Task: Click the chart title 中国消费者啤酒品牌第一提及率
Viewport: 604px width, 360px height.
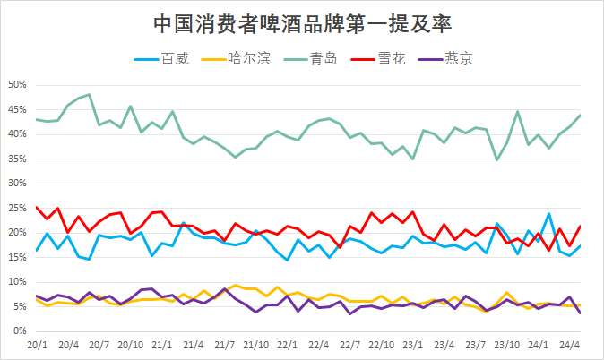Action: click(302, 21)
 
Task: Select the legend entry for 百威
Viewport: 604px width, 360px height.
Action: click(164, 60)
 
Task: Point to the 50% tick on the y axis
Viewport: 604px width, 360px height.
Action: click(18, 85)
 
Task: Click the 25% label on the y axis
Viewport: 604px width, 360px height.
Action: click(18, 208)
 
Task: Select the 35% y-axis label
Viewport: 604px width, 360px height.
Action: click(18, 159)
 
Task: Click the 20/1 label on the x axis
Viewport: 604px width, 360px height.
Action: click(37, 344)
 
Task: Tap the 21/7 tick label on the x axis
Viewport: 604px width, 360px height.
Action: click(225, 344)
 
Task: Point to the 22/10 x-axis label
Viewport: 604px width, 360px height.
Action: click(382, 344)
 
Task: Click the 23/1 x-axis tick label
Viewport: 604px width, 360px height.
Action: click(413, 344)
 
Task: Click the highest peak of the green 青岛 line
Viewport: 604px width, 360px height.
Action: click(89, 94)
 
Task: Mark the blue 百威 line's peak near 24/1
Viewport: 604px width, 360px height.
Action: click(549, 214)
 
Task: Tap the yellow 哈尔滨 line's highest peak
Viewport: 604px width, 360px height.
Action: click(235, 286)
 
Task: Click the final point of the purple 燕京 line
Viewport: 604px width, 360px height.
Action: click(581, 313)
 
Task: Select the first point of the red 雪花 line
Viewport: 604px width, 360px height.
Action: click(37, 207)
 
